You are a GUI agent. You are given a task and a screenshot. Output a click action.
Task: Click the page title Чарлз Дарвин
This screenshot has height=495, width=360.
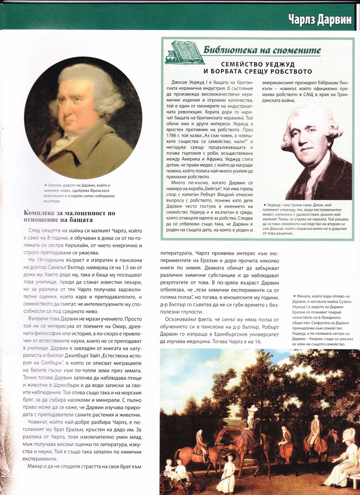tap(320, 19)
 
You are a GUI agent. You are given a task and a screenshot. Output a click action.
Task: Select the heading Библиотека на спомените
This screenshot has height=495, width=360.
tap(262, 50)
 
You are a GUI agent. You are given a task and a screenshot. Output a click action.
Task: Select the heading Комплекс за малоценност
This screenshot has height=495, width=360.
tap(69, 216)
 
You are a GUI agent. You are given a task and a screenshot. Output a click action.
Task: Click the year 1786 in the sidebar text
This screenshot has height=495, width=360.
tap(171, 136)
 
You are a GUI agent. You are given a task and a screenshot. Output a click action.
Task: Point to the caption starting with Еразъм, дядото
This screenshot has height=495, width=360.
tap(80, 193)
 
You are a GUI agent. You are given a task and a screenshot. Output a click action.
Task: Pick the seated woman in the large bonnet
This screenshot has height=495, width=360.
tap(345, 459)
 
